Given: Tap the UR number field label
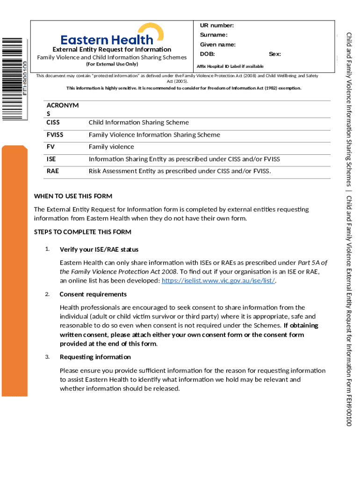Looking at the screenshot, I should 217,25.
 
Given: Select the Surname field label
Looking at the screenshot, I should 214,35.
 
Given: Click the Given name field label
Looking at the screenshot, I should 218,45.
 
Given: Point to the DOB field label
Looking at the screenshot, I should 208,54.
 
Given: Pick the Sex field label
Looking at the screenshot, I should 275,54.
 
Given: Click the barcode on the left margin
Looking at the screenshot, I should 13,77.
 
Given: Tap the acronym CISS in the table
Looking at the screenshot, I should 53,123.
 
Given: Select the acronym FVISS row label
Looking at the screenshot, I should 55,135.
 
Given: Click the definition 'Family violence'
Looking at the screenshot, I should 111,147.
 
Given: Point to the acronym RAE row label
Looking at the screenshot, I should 53,171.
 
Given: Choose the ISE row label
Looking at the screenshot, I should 51,159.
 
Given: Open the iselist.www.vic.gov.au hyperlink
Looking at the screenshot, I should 218,281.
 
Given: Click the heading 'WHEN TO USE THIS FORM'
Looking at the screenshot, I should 73,196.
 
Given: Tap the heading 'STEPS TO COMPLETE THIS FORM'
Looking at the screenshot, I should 83,232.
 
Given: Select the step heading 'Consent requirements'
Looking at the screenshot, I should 93,294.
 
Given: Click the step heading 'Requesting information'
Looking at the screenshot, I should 95,357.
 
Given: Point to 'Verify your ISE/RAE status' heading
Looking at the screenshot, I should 99,249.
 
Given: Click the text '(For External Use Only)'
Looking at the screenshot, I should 112,64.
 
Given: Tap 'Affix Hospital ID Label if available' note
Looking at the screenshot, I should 230,66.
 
